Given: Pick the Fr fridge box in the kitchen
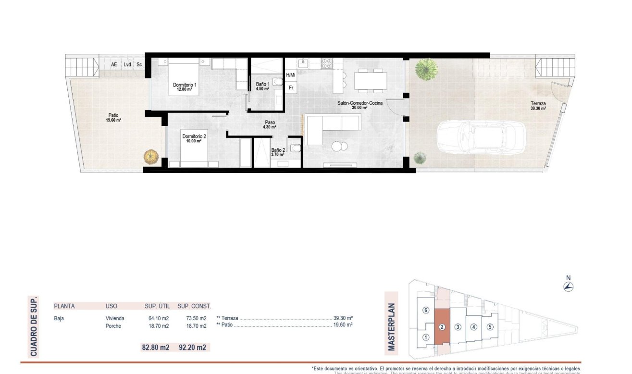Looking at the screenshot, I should (x=291, y=88).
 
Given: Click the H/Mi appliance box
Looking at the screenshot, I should (x=290, y=75).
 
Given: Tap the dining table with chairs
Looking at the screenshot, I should (x=371, y=80).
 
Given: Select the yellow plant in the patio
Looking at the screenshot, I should (x=151, y=157).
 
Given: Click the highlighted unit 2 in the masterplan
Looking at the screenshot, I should (x=442, y=327).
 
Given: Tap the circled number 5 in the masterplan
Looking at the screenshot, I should (x=489, y=327).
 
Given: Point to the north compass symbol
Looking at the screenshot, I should (x=569, y=287).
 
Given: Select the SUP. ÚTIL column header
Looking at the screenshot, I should (x=158, y=306).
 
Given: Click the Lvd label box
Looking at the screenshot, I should (x=127, y=64).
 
